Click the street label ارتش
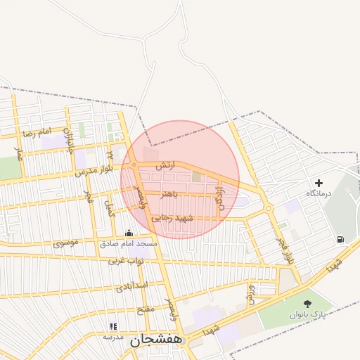pyautogui.click(x=164, y=166)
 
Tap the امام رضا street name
pyautogui.click(x=37, y=132)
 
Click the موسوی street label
pyautogui.click(x=66, y=244)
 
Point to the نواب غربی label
pyautogui.click(x=126, y=261)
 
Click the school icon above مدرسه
pyautogui.click(x=112, y=326)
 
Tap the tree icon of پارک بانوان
pyautogui.click(x=307, y=303)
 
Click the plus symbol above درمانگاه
pyautogui.click(x=319, y=182)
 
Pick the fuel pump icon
pyautogui.click(x=340, y=239)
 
